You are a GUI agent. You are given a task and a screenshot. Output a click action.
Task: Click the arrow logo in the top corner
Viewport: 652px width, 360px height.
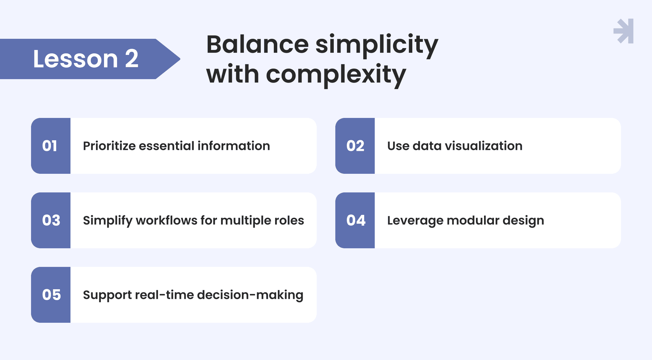tap(624, 31)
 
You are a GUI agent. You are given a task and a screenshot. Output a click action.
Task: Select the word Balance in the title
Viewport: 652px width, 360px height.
tap(257, 44)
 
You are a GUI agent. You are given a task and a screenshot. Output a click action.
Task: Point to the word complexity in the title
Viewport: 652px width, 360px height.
tap(336, 75)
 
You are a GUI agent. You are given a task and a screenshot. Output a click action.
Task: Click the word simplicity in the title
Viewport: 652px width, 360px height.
tap(377, 45)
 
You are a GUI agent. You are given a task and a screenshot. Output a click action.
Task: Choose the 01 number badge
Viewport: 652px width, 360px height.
tap(51, 146)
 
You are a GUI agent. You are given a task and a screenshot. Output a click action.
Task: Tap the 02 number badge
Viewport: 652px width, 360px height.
tap(355, 146)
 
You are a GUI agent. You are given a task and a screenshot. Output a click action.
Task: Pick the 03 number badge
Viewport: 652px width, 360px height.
tap(51, 220)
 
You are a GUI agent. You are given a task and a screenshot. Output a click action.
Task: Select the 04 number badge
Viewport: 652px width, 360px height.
tap(355, 220)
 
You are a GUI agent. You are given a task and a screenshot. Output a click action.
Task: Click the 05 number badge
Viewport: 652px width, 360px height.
tap(51, 295)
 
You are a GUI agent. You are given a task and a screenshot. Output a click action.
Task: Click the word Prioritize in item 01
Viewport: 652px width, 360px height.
tap(109, 146)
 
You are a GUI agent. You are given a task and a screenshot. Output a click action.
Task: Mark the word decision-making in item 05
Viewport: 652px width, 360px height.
tap(250, 295)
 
